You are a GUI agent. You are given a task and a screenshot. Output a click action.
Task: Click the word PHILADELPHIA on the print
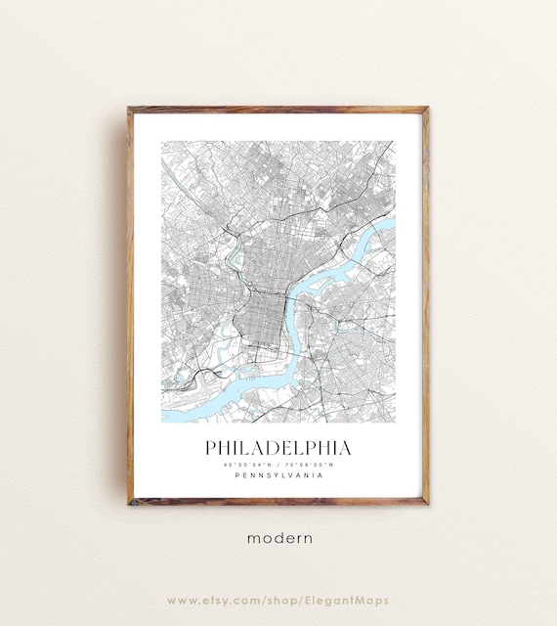point(278,448)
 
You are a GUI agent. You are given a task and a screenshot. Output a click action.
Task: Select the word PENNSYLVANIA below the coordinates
point(278,476)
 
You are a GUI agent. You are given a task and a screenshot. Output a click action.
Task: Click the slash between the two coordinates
point(279,465)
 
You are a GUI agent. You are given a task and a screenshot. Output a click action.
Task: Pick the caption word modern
point(279,537)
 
